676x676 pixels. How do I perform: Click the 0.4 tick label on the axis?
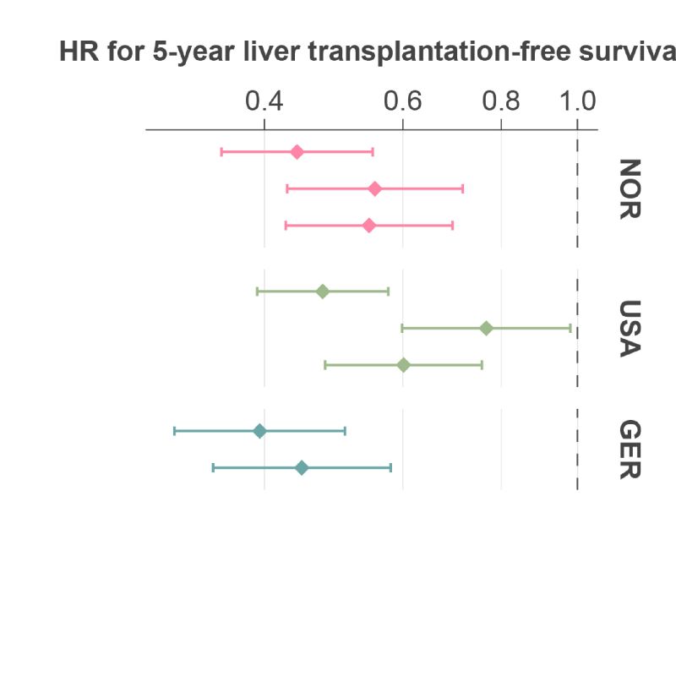coord(264,101)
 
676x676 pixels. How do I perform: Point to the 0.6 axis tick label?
coord(403,101)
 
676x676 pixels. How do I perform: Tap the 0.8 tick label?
coord(501,101)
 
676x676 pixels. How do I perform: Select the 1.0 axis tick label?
coord(578,101)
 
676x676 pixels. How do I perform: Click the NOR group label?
coord(630,188)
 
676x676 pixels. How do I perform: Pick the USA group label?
coord(630,329)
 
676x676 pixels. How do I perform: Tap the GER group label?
coord(630,450)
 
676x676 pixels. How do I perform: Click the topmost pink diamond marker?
coord(297,152)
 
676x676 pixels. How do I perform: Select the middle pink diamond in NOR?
coord(375,188)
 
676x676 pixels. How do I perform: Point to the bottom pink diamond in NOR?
coord(369,226)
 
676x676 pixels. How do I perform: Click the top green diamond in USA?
coord(323,292)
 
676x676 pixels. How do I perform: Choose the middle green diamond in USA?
coord(487,328)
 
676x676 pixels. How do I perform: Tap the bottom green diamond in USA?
coord(403,365)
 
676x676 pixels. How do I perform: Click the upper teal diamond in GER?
coord(259,431)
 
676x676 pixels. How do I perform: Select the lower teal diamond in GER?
coord(302,468)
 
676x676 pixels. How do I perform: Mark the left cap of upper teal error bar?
coord(175,431)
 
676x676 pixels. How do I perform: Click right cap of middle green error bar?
coord(570,328)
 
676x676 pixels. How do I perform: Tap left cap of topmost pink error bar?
coord(221,152)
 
